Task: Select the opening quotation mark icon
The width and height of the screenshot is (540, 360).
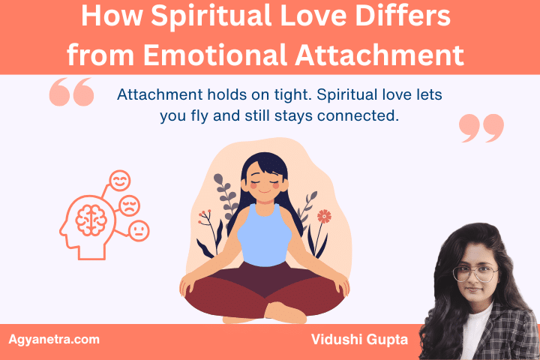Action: pos(71,92)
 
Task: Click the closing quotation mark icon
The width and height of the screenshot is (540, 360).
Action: pos(481,128)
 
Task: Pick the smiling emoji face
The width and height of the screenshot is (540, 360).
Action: pos(120,181)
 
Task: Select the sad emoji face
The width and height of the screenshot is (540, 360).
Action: pos(132,205)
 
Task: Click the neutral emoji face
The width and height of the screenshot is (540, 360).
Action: pos(139,230)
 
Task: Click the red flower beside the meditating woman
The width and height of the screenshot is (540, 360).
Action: pos(324,217)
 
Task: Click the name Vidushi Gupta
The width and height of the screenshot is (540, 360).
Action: pos(358,340)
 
